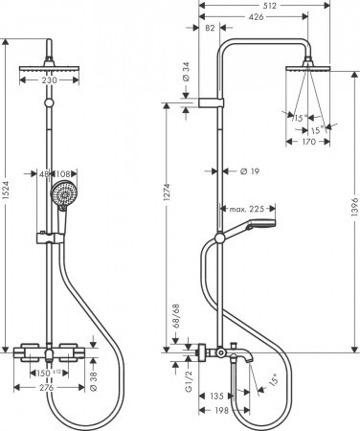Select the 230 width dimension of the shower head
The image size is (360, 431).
(45, 81)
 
